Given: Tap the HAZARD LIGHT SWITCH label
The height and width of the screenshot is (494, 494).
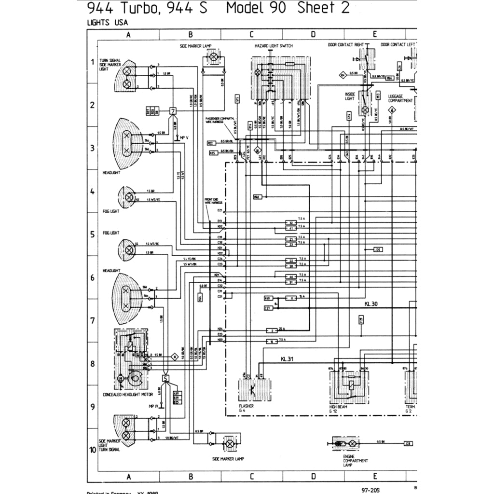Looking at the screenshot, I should click(274, 46).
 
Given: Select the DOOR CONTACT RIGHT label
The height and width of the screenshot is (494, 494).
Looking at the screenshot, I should click(345, 45).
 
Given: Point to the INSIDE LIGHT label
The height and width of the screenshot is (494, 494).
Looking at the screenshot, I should click(350, 96).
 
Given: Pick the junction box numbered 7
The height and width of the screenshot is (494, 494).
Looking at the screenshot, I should click(173, 111).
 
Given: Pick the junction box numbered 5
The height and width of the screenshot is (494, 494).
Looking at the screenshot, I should click(165, 379).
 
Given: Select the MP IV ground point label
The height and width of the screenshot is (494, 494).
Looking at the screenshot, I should click(154, 406).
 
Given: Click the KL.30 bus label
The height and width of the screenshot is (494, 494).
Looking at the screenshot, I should click(371, 304).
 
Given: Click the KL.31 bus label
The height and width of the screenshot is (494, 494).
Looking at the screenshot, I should click(287, 359).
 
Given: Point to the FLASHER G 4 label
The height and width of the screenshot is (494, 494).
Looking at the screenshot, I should click(246, 409).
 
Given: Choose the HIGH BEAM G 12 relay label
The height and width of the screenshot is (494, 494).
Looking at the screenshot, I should click(338, 409).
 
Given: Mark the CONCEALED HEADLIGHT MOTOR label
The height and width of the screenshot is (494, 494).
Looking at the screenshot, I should click(127, 395).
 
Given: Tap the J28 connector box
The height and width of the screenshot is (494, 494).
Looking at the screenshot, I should click(408, 442).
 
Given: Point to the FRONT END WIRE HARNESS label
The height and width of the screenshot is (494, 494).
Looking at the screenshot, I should click(212, 201).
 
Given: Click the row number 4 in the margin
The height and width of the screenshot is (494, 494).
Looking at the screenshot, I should click(92, 192).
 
